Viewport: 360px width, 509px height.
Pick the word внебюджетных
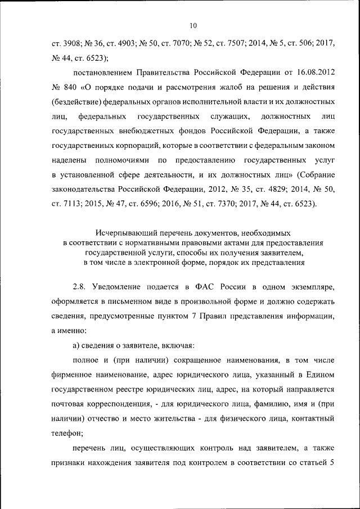point(146,132)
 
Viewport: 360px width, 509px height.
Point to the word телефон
point(69,434)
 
